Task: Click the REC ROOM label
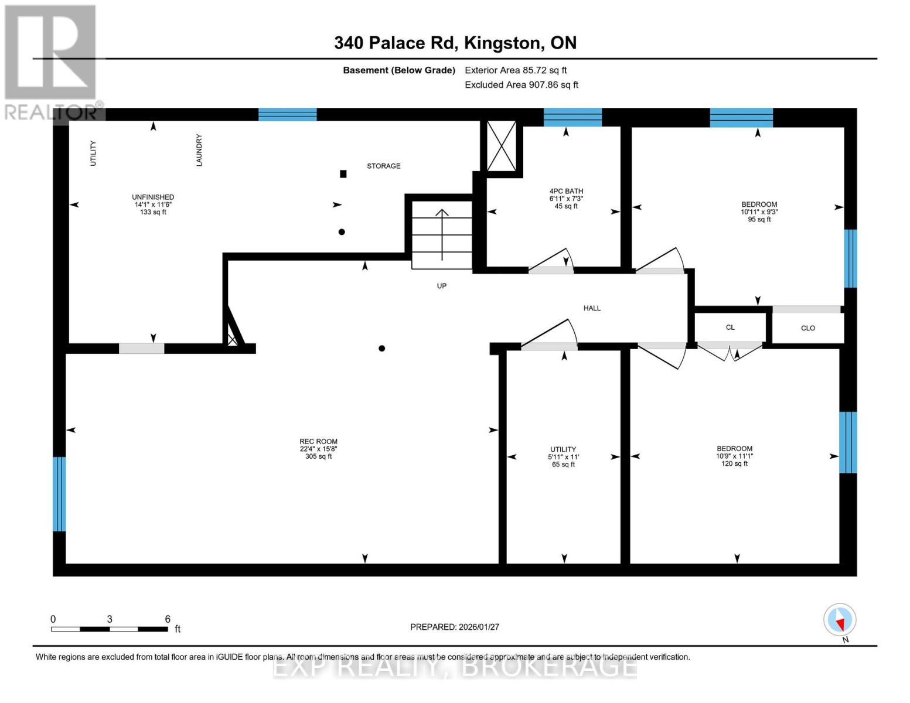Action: [318, 441]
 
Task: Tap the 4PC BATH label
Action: [566, 191]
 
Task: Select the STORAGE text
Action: [384, 166]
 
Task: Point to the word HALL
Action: [592, 308]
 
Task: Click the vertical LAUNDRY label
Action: [199, 150]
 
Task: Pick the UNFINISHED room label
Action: [153, 197]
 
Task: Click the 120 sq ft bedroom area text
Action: [735, 463]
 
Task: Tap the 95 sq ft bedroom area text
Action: [759, 219]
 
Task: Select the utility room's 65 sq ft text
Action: [563, 465]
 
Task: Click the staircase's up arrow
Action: [442, 234]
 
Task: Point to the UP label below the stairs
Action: [442, 286]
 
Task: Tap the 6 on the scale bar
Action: [168, 619]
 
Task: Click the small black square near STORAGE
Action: [343, 174]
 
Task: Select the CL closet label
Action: [730, 327]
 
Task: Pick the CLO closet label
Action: [808, 328]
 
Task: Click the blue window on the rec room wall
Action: [59, 494]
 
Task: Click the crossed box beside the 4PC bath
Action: [501, 146]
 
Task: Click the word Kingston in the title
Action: [502, 43]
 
